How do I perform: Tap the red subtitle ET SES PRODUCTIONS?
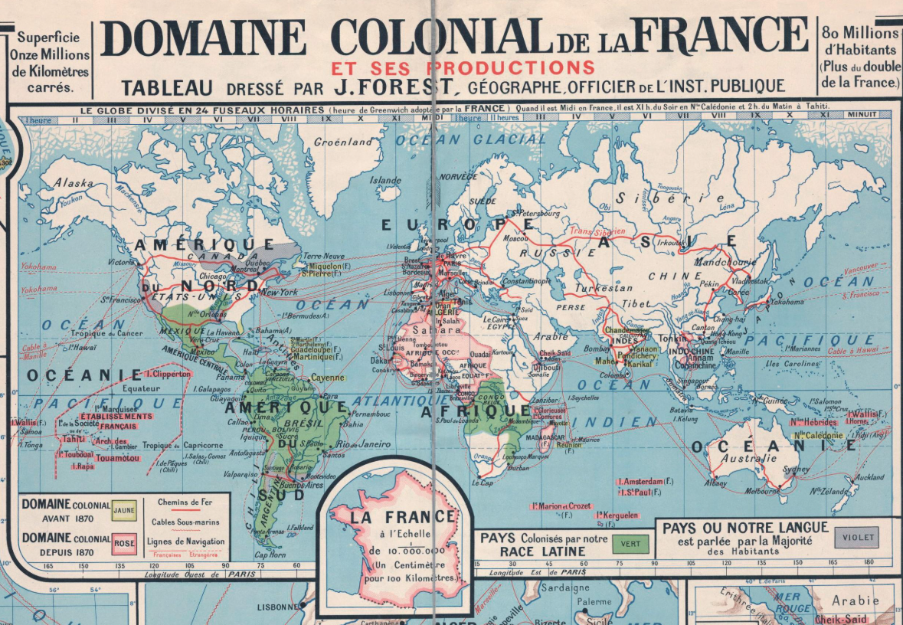(x=463, y=67)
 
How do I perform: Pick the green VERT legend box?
(x=631, y=544)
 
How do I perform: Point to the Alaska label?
(x=74, y=184)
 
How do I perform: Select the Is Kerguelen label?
(x=617, y=515)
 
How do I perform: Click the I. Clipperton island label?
(x=167, y=374)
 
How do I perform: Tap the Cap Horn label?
(x=270, y=555)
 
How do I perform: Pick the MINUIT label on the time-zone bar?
(x=874, y=115)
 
